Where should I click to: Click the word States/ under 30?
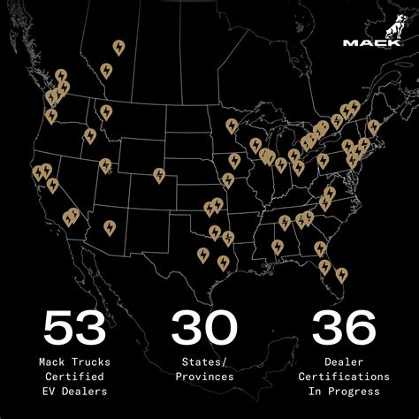click(204, 362)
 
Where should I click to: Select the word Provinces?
click(204, 376)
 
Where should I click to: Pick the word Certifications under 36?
click(343, 376)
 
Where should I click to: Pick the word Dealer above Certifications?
click(343, 362)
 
